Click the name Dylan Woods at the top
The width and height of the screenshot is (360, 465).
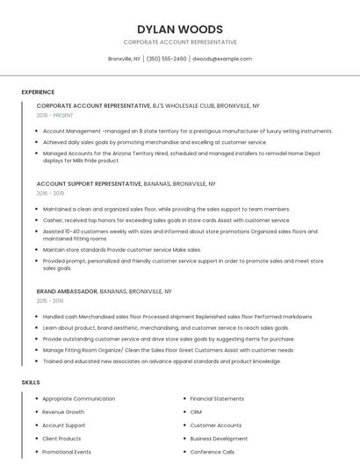pos(180,29)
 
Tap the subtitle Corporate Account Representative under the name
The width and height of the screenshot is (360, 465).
pos(180,42)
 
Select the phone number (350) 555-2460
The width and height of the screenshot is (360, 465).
pos(167,59)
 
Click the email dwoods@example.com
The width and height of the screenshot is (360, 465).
pos(222,59)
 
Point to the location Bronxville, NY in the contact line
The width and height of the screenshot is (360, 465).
pos(124,59)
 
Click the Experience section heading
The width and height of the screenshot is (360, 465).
pos(38,92)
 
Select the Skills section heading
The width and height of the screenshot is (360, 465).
pos(30,383)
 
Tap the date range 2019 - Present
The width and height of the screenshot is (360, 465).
pos(55,115)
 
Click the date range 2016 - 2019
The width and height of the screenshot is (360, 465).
pos(50,193)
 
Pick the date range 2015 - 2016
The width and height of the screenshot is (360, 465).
pos(50,300)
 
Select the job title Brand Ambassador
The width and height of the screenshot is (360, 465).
pos(67,290)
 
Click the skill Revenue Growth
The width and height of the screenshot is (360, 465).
pos(63,411)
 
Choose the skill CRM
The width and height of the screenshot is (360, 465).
pos(196,411)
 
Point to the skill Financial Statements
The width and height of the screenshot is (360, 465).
pos(217,398)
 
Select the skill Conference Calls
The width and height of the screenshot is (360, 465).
pos(212,452)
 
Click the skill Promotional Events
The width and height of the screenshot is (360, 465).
pos(67,452)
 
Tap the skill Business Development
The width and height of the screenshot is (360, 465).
pos(219,439)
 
